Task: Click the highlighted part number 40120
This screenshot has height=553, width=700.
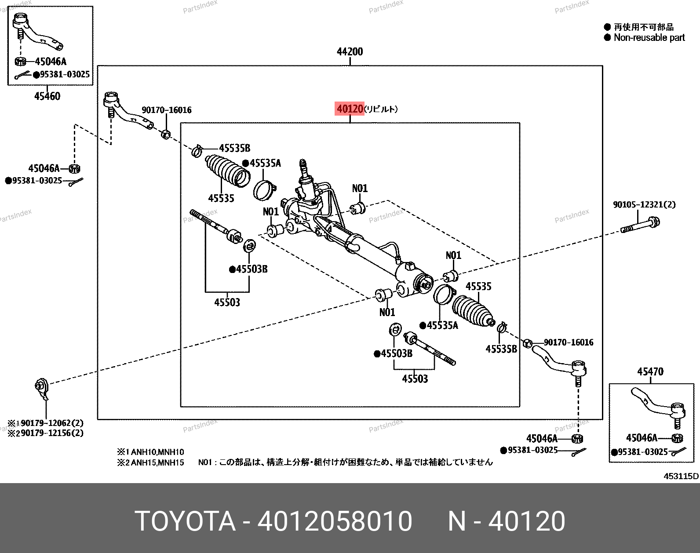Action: (x=350, y=109)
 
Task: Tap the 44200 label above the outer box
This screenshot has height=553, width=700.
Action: (x=350, y=51)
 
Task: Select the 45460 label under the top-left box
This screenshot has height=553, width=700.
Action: (x=47, y=96)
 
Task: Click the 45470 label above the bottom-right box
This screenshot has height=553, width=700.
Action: (x=650, y=371)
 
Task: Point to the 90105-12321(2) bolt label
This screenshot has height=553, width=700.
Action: (x=644, y=204)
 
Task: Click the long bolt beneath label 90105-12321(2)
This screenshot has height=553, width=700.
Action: (x=640, y=225)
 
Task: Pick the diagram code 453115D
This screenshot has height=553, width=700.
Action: (x=681, y=476)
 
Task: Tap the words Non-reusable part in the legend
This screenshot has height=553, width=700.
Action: (x=649, y=38)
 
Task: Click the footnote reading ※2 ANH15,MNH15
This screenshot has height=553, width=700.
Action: (x=151, y=462)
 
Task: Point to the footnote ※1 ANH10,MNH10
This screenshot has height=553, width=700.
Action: (x=151, y=452)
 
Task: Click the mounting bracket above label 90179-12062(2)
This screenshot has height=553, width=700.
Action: (x=42, y=389)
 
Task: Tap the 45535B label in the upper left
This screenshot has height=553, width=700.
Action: (x=234, y=148)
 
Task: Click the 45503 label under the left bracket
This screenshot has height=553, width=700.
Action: (x=227, y=302)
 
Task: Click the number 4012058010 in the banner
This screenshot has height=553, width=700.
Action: (x=335, y=521)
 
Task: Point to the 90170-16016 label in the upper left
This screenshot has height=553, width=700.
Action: (x=167, y=110)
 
